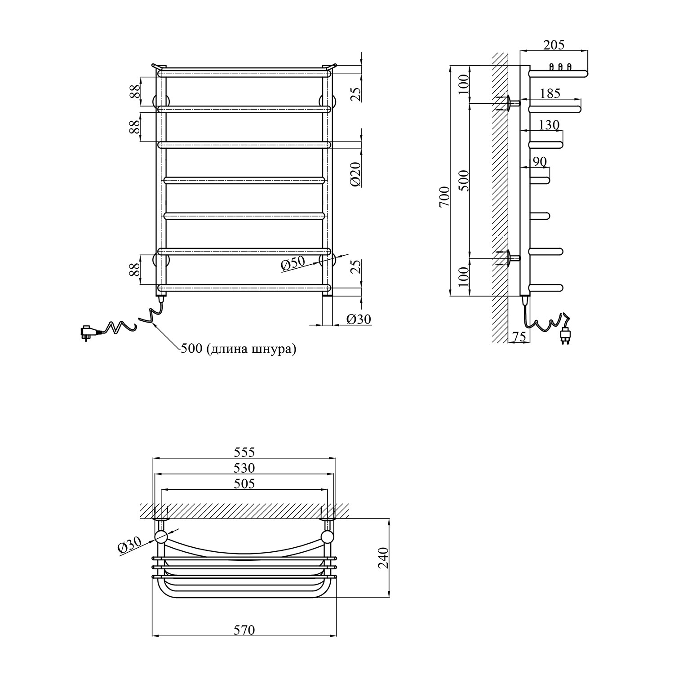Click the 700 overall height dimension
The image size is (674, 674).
(x=444, y=196)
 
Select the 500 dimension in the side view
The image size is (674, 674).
(x=464, y=181)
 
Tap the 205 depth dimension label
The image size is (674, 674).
(x=554, y=44)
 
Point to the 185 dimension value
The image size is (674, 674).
(x=550, y=93)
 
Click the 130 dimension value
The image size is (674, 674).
(x=549, y=124)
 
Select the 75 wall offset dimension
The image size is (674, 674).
(x=519, y=337)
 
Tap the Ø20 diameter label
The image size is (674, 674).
(x=355, y=174)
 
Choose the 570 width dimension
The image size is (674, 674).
(x=244, y=630)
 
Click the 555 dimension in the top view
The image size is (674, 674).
(x=244, y=452)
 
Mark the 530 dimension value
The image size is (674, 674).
(x=244, y=468)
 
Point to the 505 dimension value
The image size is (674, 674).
(x=244, y=483)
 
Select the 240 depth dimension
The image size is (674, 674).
(x=383, y=558)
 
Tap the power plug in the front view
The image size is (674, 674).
(x=89, y=333)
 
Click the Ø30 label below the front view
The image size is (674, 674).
(x=359, y=319)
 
